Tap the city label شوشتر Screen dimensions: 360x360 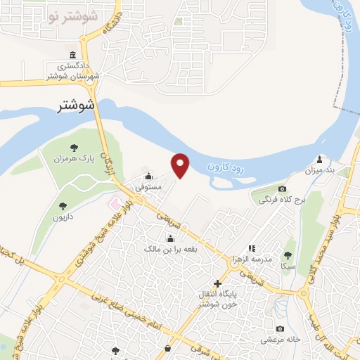tap(78, 107)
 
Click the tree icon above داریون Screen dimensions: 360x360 tap(63, 206)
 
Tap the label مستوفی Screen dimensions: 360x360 tap(148, 188)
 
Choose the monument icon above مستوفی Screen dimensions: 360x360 tap(148, 176)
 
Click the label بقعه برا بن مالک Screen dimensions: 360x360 tap(169, 249)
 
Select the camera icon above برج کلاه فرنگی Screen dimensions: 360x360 tap(283, 189)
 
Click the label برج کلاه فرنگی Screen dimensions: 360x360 tap(281, 200)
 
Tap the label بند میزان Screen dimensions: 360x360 tap(319, 170)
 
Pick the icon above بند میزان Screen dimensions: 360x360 tap(321, 159)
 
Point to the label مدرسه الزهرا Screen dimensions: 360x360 tap(252, 259)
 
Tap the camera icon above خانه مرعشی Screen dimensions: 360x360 tap(281, 329)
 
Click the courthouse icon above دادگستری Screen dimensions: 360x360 tap(74, 56)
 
